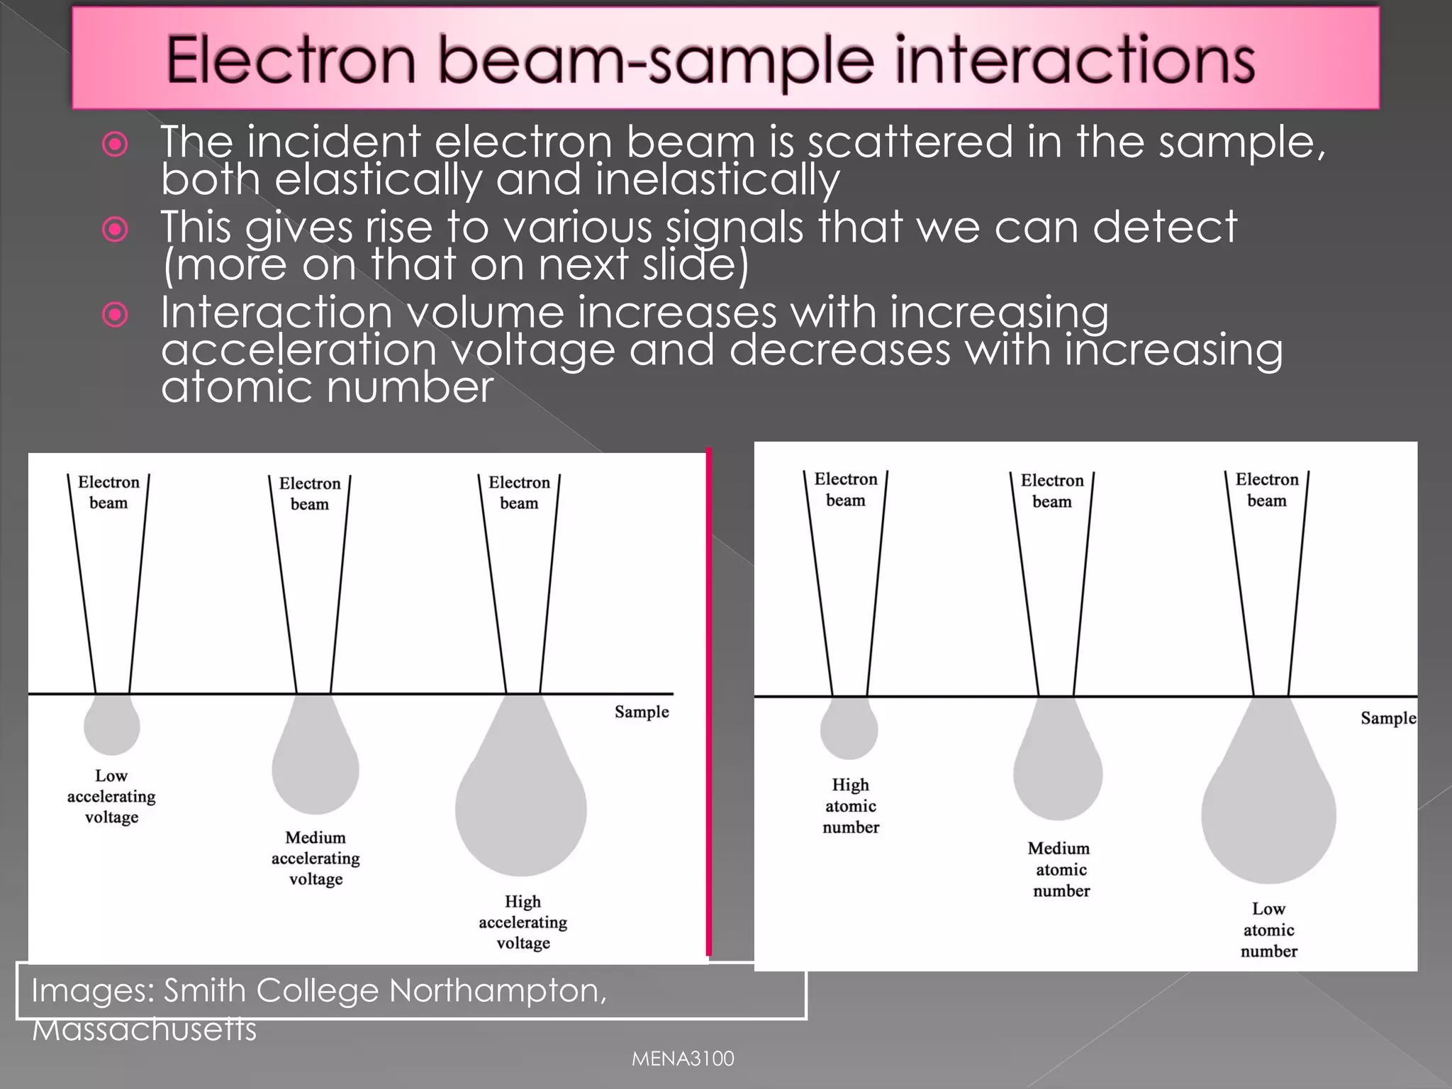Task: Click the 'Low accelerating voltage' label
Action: [111, 796]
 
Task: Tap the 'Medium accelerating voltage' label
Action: [315, 858]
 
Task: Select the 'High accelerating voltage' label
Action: [523, 922]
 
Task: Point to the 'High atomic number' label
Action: [850, 805]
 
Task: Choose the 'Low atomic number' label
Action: [1268, 929]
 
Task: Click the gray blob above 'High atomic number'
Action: [849, 729]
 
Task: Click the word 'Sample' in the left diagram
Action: [642, 712]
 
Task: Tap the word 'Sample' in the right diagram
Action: [1387, 718]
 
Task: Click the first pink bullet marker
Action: [115, 144]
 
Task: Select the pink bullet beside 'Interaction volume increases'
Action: [115, 314]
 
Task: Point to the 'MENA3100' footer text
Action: [683, 1059]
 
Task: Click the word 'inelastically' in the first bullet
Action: [717, 179]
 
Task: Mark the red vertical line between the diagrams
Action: [708, 702]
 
